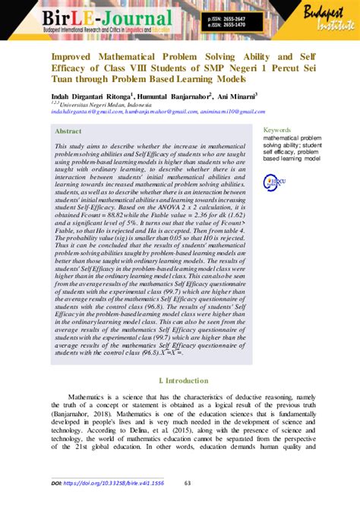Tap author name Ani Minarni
pyautogui.click(x=235, y=96)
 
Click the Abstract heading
pyautogui.click(x=69, y=130)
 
